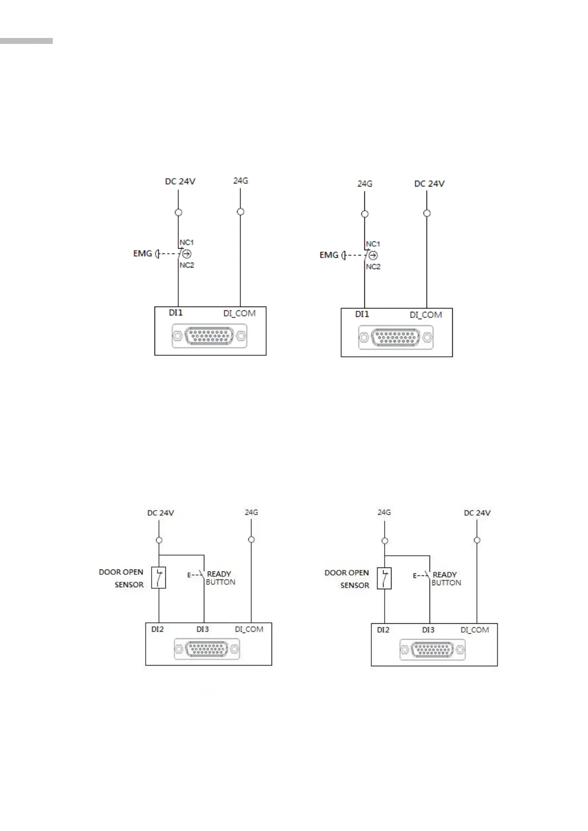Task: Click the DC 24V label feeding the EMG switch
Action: pyautogui.click(x=180, y=182)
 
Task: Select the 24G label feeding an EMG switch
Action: pyautogui.click(x=364, y=184)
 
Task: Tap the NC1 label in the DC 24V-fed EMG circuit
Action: pyautogui.click(x=187, y=242)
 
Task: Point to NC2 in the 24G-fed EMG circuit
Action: pyautogui.click(x=373, y=266)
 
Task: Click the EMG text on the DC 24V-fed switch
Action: pyautogui.click(x=143, y=254)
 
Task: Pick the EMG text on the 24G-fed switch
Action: pyautogui.click(x=329, y=255)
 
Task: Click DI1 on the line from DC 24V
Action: pyautogui.click(x=176, y=312)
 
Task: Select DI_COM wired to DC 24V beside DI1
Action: pyautogui.click(x=426, y=315)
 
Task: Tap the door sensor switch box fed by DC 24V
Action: pyautogui.click(x=158, y=577)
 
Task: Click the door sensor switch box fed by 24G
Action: pyautogui.click(x=384, y=578)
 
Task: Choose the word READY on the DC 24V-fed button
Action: pyautogui.click(x=219, y=574)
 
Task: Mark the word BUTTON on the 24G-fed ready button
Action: pyautogui.click(x=446, y=583)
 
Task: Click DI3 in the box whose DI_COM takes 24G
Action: pyautogui.click(x=202, y=629)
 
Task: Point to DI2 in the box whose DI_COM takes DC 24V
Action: pyautogui.click(x=383, y=630)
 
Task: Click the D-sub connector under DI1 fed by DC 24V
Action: pyautogui.click(x=209, y=337)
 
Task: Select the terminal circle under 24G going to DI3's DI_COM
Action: pyautogui.click(x=251, y=539)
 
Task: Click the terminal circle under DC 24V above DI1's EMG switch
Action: pyautogui.click(x=179, y=212)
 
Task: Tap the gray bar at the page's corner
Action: pyautogui.click(x=26, y=41)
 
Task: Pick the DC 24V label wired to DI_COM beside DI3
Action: pyautogui.click(x=477, y=513)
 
